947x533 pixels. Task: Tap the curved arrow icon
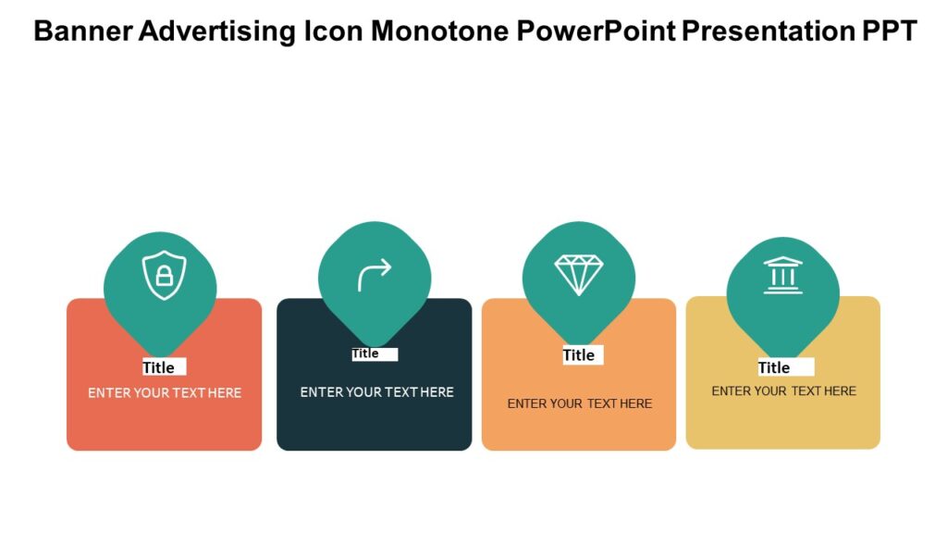tap(375, 275)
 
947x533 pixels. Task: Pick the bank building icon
tap(783, 276)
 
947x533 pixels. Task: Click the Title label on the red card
tap(159, 367)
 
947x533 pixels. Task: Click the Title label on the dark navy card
tap(365, 353)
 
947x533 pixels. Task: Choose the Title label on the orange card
tap(579, 355)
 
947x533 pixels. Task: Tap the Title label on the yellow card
tap(774, 367)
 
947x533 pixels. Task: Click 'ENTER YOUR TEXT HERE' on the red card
tap(165, 393)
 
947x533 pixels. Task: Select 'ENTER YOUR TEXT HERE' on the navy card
tap(377, 392)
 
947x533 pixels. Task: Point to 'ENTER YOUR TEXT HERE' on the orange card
tap(580, 403)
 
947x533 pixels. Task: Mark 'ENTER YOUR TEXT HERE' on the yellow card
tap(784, 391)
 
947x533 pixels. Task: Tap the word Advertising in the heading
tap(218, 31)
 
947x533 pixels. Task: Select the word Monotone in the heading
tap(439, 31)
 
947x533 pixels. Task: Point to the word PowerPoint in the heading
tap(596, 31)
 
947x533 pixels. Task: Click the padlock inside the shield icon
tap(164, 277)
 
